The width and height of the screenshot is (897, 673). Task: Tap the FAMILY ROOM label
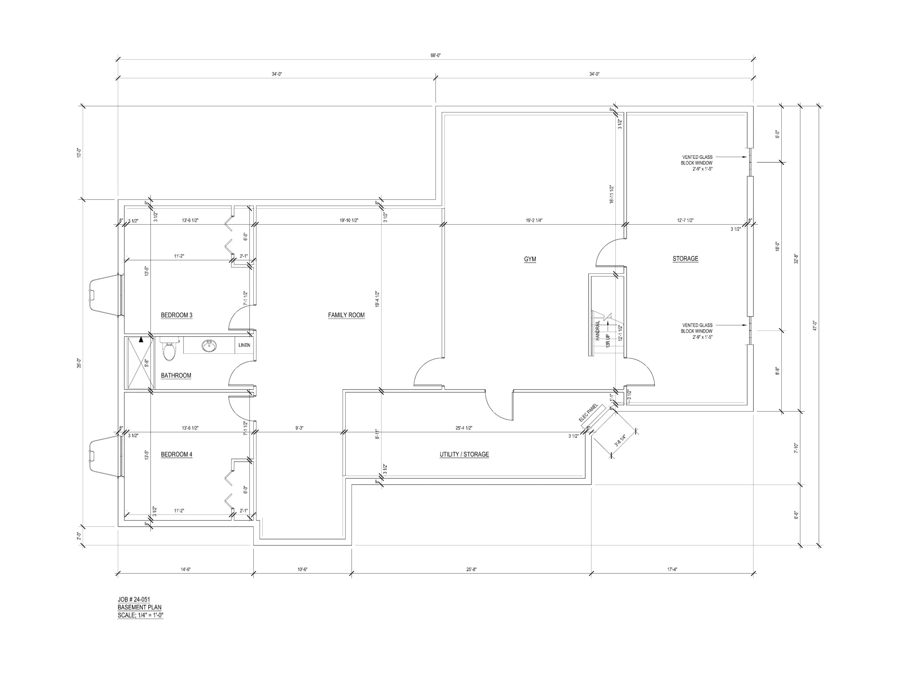(x=346, y=315)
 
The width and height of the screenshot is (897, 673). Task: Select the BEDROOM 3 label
(x=176, y=315)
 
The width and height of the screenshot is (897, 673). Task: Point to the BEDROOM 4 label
(x=176, y=454)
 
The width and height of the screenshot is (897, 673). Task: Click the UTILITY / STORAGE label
(x=464, y=454)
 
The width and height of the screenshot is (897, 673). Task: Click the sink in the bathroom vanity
(x=209, y=346)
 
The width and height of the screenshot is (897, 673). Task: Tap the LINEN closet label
(x=244, y=345)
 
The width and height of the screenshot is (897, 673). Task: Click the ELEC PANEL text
(x=588, y=413)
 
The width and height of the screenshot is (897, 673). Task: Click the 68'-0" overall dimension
(x=436, y=56)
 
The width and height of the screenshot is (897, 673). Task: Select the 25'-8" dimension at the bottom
(x=471, y=570)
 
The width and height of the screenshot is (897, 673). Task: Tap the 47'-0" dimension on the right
(x=815, y=326)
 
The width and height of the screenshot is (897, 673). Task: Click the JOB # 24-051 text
(x=134, y=600)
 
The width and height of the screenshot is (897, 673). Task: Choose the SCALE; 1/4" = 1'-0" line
(x=140, y=615)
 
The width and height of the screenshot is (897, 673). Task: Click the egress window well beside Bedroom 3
(x=105, y=295)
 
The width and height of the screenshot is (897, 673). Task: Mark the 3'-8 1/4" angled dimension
(x=620, y=441)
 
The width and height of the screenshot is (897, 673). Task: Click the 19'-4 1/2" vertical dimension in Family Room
(x=377, y=299)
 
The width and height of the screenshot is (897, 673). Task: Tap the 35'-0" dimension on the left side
(x=80, y=363)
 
